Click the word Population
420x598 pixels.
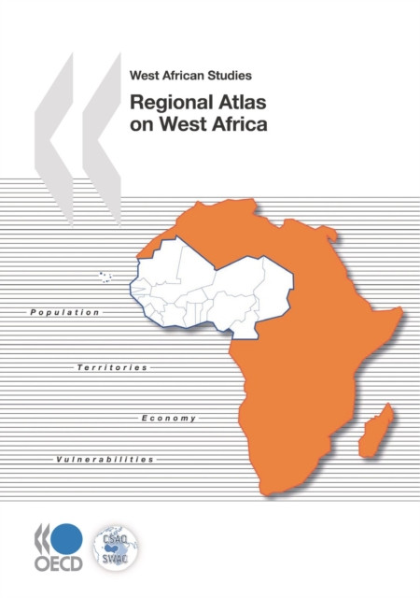[63, 311]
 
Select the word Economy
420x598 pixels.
[169, 418]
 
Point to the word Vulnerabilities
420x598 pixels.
[105, 460]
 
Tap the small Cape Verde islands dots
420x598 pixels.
[105, 277]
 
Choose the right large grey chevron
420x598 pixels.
[98, 112]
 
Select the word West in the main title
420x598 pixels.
[186, 124]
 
